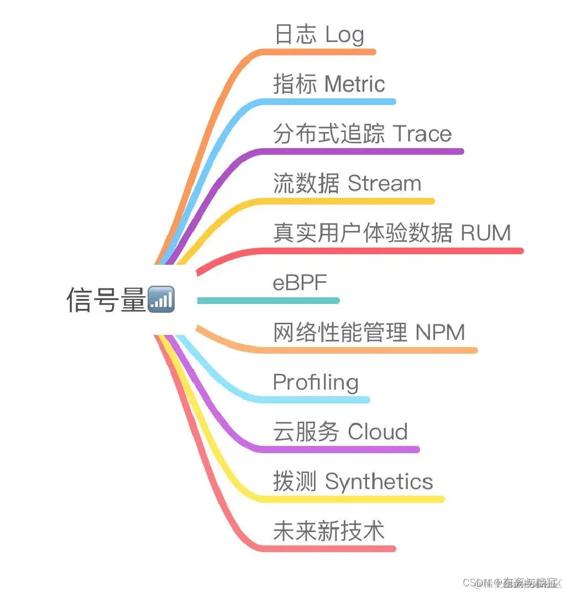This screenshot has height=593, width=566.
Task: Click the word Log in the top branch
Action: click(344, 35)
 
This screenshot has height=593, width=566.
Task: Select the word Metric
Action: click(354, 85)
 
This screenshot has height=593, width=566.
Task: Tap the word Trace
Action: click(422, 134)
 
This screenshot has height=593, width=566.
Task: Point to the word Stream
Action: click(384, 183)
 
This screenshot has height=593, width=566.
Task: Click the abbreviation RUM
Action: click(486, 233)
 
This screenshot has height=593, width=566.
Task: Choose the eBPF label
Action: click(300, 282)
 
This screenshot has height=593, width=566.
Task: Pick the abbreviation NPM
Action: click(440, 332)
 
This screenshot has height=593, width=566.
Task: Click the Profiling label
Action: click(315, 382)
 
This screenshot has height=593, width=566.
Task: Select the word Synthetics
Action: click(379, 481)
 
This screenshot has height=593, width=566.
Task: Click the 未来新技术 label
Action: click(328, 531)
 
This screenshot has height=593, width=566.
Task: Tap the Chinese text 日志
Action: click(295, 35)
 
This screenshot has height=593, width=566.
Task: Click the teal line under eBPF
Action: click(268, 301)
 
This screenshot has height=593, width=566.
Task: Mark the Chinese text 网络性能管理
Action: click(339, 332)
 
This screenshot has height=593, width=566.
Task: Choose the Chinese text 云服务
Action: click(306, 432)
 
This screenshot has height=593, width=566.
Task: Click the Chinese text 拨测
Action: click(295, 481)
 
